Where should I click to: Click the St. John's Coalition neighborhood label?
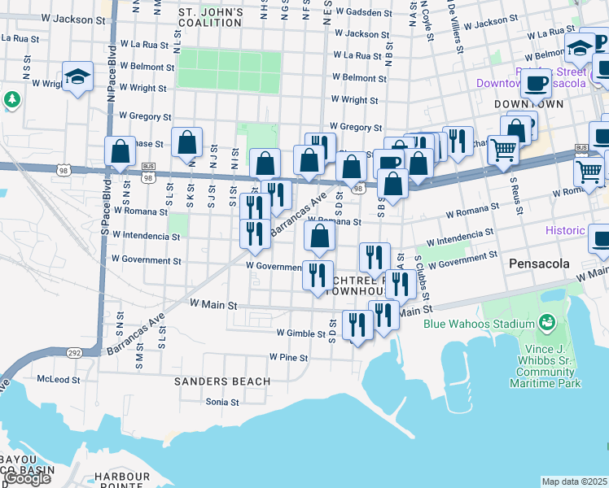coord(210,18)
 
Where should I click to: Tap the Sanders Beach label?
coord(222,381)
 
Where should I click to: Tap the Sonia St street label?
coord(222,402)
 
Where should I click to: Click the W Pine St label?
coord(288,358)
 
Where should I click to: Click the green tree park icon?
coord(12,99)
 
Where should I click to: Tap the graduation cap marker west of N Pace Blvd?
coord(77,77)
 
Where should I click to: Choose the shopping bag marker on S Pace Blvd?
coord(120,151)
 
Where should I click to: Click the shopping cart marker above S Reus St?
coord(504,150)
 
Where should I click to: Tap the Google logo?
coord(26,478)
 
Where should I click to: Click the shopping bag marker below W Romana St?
coord(320,237)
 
